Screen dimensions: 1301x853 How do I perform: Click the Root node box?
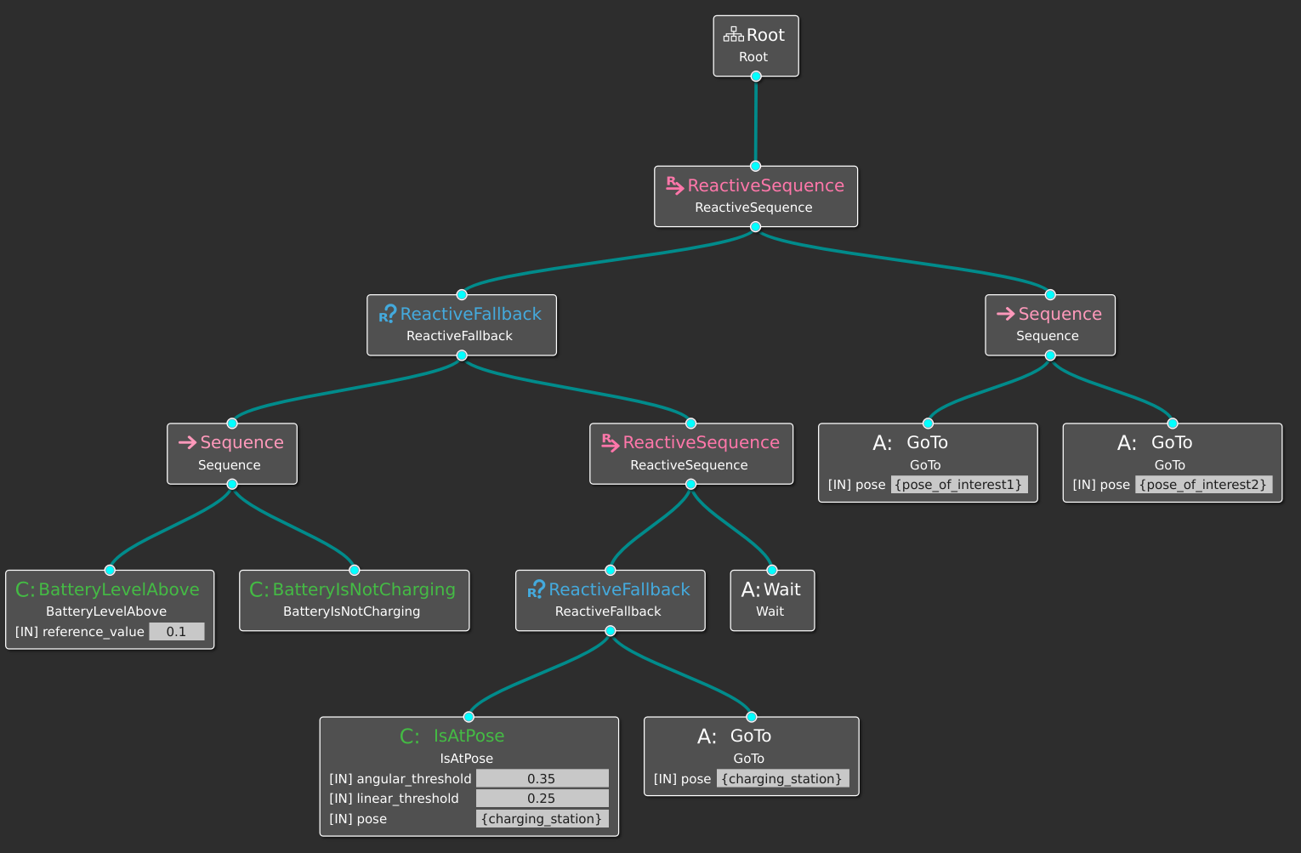click(x=756, y=46)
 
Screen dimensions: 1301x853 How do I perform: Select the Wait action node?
click(x=772, y=600)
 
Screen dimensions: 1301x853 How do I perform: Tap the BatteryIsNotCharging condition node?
click(x=355, y=600)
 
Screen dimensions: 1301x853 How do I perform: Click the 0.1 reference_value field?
click(x=177, y=632)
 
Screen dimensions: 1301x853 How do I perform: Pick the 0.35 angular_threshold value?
click(x=542, y=778)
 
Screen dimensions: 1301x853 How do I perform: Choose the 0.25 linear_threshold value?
click(x=542, y=798)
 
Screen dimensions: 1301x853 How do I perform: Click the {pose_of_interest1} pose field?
click(x=959, y=484)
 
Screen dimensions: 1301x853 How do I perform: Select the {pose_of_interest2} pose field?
click(x=1203, y=484)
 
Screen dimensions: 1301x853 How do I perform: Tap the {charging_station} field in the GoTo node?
click(x=782, y=778)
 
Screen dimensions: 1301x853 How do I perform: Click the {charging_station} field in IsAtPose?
click(x=542, y=818)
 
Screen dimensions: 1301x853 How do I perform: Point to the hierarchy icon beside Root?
click(x=733, y=34)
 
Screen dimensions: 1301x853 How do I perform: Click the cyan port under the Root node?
click(x=756, y=77)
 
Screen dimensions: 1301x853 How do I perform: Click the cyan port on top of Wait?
click(x=772, y=570)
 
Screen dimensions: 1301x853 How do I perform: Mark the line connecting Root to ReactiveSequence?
click(x=756, y=121)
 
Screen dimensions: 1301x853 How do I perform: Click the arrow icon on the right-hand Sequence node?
click(x=1005, y=314)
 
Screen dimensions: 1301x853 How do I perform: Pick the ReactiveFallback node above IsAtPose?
click(x=610, y=600)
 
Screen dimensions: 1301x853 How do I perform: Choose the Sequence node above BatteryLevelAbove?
click(x=232, y=453)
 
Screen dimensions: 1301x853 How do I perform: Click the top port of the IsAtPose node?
click(x=469, y=716)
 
